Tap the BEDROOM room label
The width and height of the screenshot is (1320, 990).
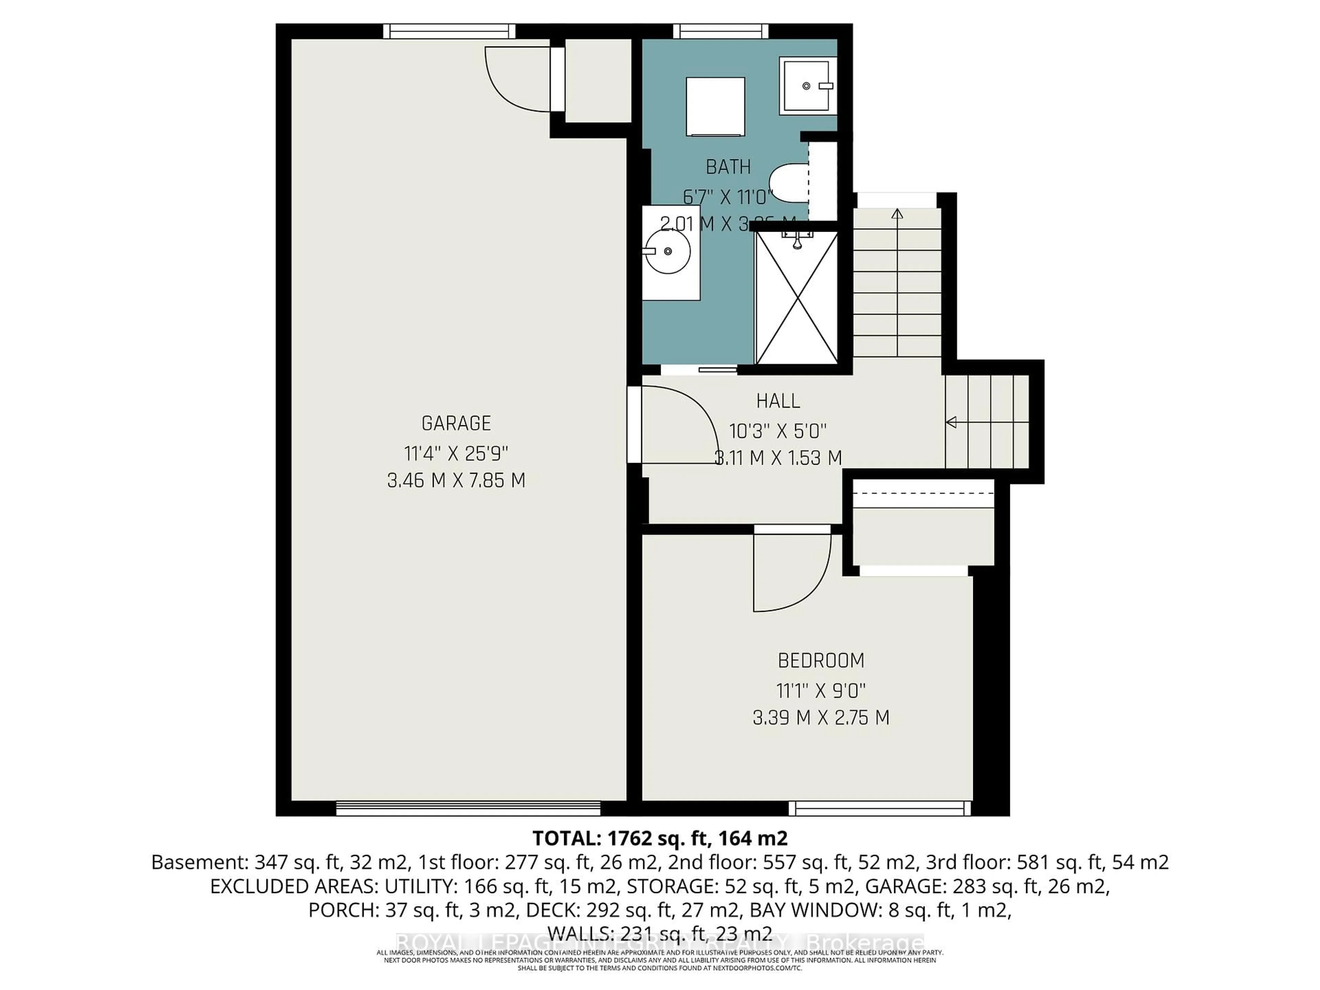point(821,661)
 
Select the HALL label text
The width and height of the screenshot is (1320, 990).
point(778,401)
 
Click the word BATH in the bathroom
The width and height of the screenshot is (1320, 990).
point(728,167)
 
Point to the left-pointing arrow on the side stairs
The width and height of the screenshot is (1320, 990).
point(952,422)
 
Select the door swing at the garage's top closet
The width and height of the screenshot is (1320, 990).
point(516,80)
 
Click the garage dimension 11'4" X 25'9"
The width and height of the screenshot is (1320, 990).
point(456,453)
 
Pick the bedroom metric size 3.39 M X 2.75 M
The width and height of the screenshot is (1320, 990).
point(821,717)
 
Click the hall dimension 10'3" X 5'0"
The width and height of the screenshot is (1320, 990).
point(778,431)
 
